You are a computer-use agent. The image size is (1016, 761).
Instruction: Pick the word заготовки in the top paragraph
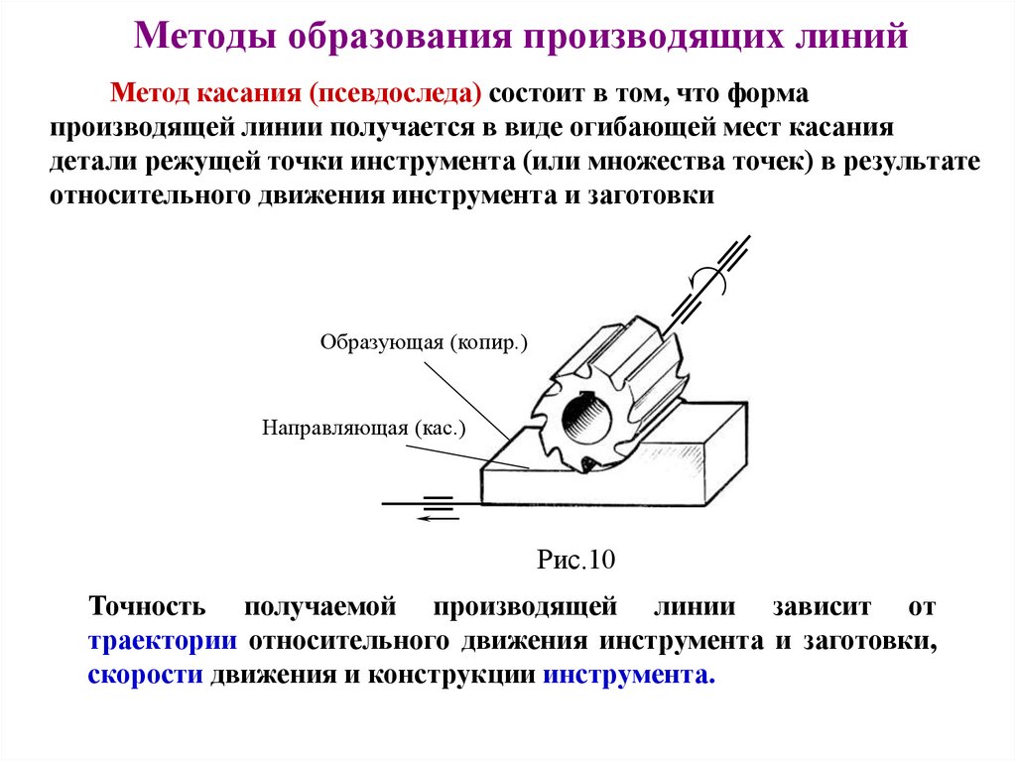coord(660,194)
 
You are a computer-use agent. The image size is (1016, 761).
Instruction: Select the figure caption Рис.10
coord(576,560)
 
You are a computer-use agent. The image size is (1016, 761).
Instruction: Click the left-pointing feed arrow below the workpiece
coord(437,516)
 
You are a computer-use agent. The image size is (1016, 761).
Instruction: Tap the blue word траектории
coord(162,640)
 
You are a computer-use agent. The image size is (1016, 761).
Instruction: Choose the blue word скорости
coord(147,675)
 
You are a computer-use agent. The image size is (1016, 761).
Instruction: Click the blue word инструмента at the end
coord(628,675)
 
